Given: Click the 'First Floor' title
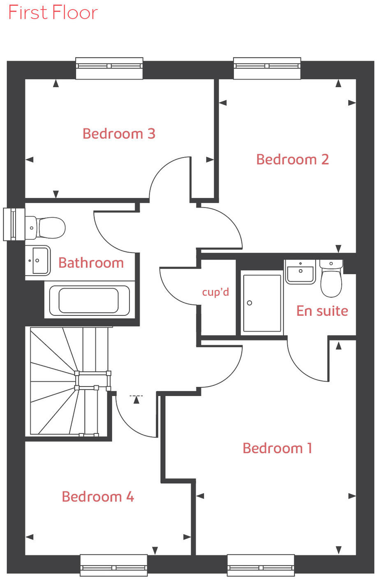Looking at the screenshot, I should [x=53, y=13].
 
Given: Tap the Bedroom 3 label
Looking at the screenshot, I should [x=119, y=134].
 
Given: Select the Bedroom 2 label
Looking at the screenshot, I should [x=292, y=160].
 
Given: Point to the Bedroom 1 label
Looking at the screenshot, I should [x=278, y=448].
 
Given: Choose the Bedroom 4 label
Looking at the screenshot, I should [x=98, y=497].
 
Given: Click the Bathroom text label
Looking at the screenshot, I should [x=91, y=263].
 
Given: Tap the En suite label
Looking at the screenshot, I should [x=322, y=311].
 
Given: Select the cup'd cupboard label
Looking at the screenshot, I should [x=215, y=292].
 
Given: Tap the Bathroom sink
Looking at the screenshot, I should [x=38, y=260].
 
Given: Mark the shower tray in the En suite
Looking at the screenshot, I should [x=262, y=303].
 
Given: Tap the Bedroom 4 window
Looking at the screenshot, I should [x=113, y=565].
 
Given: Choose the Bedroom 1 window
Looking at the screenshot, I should [x=261, y=565].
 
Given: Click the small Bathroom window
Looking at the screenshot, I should [x=11, y=224].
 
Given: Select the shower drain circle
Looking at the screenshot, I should [x=250, y=303].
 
